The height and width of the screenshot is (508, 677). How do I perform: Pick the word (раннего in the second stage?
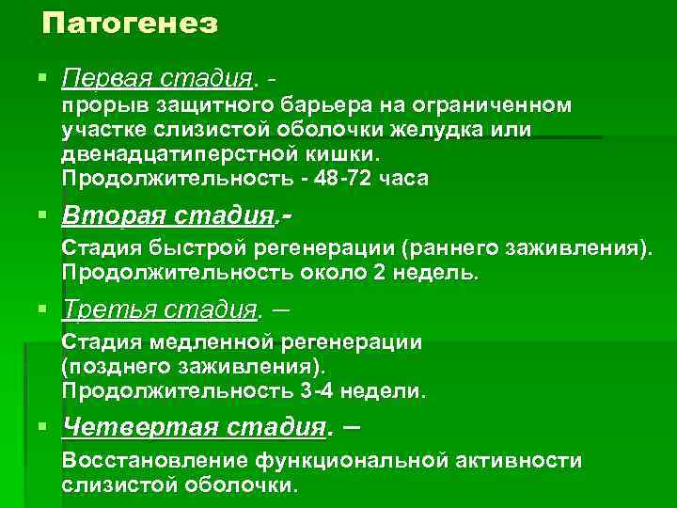tap(441, 248)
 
